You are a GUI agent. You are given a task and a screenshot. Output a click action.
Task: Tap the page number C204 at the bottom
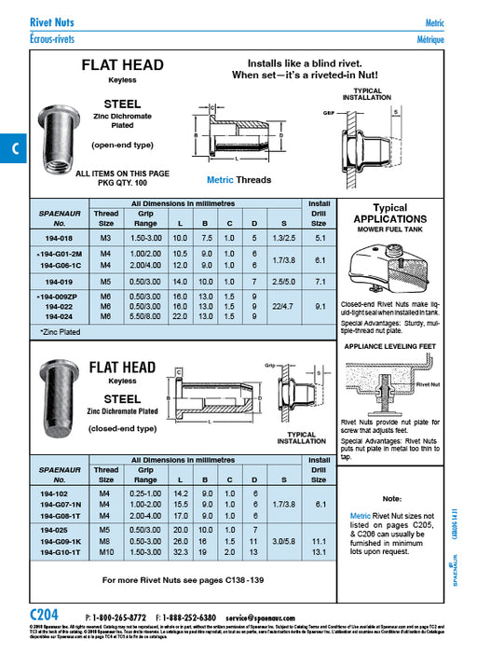pyautogui.click(x=44, y=615)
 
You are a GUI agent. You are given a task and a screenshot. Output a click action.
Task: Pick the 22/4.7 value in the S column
pyautogui.click(x=280, y=305)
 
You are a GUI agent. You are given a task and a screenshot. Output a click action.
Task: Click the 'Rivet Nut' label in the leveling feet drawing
pyautogui.click(x=429, y=383)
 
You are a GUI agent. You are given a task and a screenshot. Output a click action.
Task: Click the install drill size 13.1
pyautogui.click(x=319, y=551)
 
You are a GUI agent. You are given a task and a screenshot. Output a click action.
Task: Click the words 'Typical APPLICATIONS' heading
pyautogui.click(x=390, y=214)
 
